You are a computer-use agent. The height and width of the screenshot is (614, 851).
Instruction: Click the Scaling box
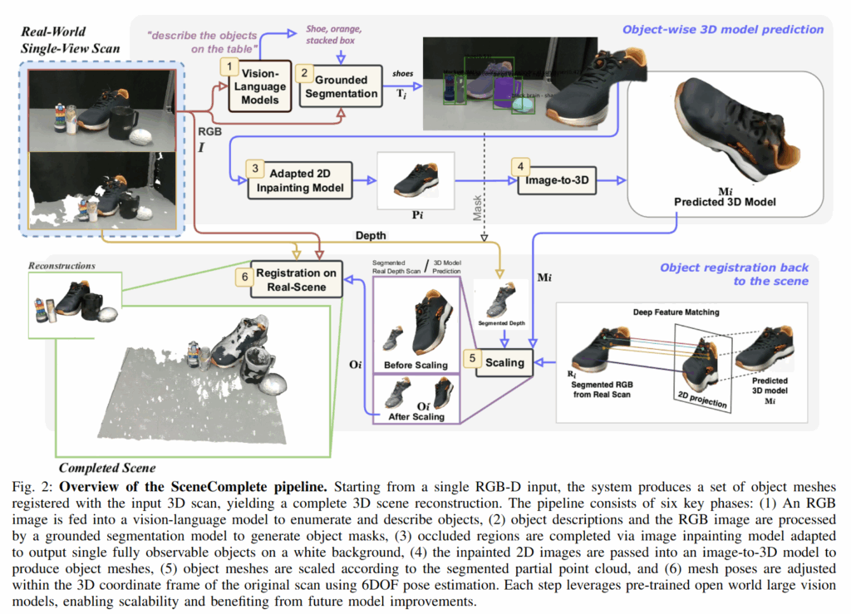(x=504, y=362)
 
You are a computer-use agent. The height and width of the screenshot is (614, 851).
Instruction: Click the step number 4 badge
(x=520, y=166)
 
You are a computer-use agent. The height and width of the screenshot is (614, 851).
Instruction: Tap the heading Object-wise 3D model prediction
(x=723, y=30)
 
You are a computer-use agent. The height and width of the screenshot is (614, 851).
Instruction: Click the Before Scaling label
(x=415, y=364)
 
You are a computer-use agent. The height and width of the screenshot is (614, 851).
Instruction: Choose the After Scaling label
(x=416, y=416)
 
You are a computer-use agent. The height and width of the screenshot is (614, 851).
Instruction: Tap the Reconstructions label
(x=61, y=266)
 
